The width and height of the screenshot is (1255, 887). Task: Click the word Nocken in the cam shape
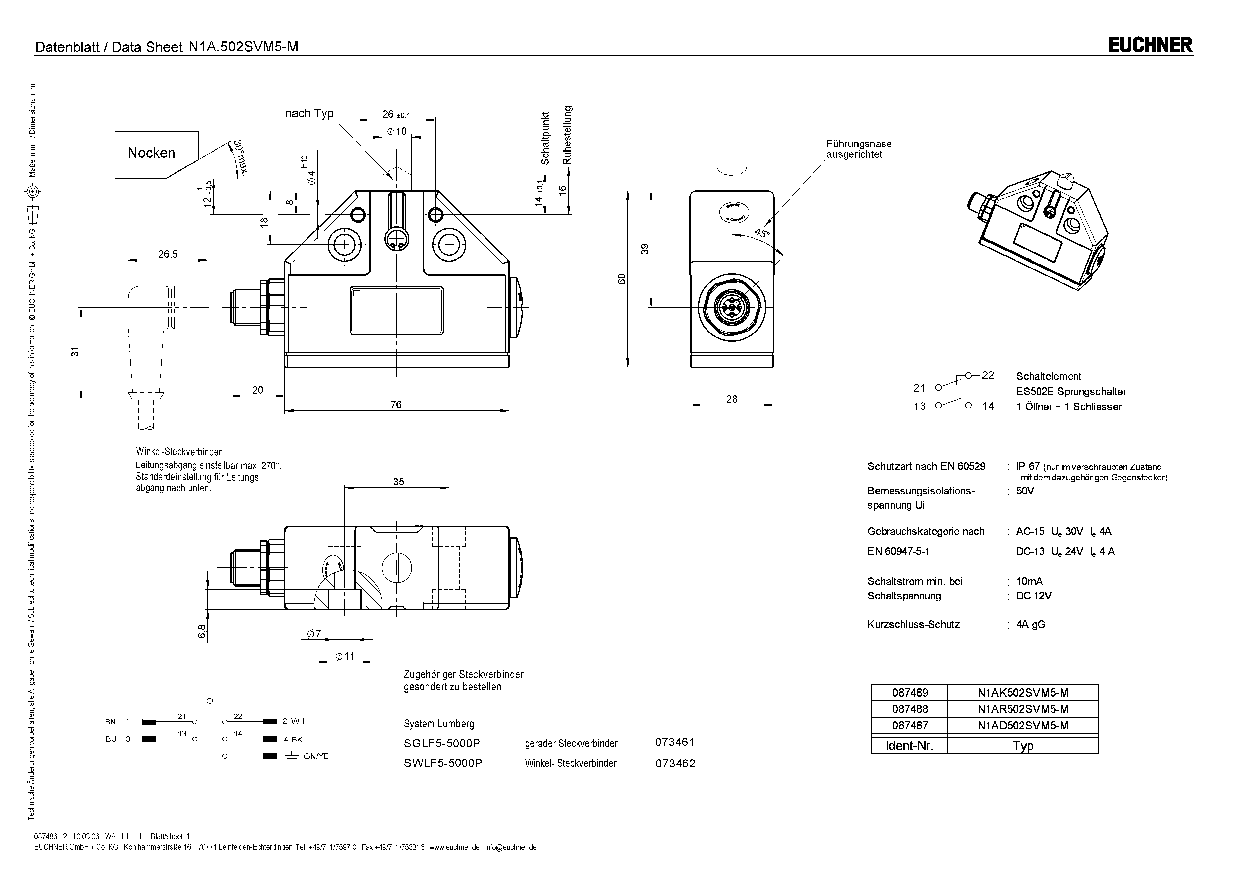tap(151, 153)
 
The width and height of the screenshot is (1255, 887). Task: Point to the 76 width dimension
tap(396, 404)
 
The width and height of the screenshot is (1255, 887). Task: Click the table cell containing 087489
tap(910, 693)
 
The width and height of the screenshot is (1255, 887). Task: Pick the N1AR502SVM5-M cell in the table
tap(1023, 709)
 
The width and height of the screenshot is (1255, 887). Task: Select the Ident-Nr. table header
tap(910, 745)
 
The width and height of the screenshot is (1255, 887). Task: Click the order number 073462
tap(675, 764)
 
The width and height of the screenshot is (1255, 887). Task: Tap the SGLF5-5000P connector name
tap(443, 743)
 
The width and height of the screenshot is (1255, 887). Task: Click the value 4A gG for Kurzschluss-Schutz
tap(1030, 624)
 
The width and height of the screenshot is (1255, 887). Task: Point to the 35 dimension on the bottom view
tap(399, 482)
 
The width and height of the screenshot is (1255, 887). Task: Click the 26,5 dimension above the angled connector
tap(168, 254)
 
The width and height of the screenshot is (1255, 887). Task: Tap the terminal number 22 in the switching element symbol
tap(988, 375)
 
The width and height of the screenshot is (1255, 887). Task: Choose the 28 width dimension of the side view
tap(731, 399)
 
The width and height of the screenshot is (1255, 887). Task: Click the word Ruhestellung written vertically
tap(567, 136)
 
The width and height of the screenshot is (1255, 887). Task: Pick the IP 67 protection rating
tap(1028, 466)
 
